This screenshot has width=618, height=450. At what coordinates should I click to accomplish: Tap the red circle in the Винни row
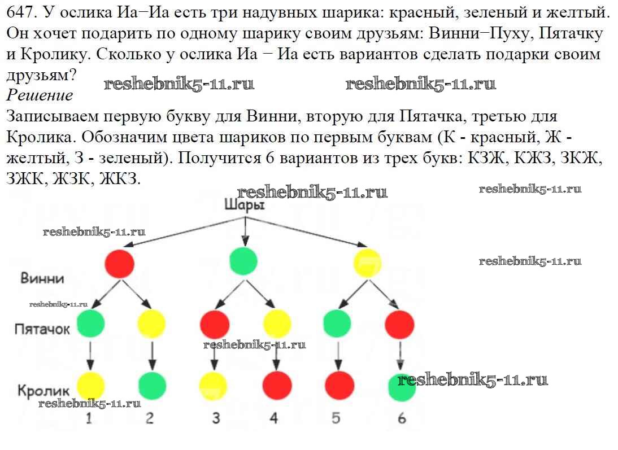click(x=120, y=263)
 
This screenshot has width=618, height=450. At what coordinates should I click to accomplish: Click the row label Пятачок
click(x=42, y=329)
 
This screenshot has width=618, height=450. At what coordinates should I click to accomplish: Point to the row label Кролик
click(x=43, y=390)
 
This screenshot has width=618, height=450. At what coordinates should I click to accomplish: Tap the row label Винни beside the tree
click(x=42, y=278)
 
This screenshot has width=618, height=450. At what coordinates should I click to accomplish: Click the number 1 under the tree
click(x=89, y=418)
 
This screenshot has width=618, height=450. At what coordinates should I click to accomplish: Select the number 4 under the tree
click(x=274, y=418)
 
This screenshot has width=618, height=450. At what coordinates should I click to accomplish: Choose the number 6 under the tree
click(x=402, y=418)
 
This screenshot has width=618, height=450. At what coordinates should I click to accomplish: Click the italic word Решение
click(x=40, y=95)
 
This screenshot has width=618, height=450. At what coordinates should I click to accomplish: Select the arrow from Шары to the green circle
click(x=245, y=230)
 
